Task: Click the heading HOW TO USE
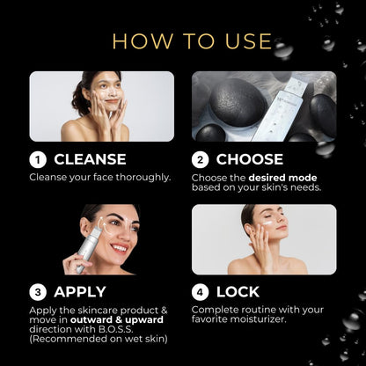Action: pyautogui.click(x=192, y=41)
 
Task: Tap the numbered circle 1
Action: pyautogui.click(x=38, y=160)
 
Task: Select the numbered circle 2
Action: pyautogui.click(x=200, y=160)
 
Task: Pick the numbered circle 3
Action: pyautogui.click(x=38, y=292)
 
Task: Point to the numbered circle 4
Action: pyautogui.click(x=200, y=292)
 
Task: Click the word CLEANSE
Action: pyautogui.click(x=90, y=159)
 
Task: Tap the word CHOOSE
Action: pyautogui.click(x=250, y=159)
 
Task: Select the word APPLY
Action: pyautogui.click(x=80, y=292)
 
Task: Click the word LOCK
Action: pyautogui.click(x=238, y=292)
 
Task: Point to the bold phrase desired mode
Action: pyautogui.click(x=282, y=178)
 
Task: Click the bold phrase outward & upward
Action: pyautogui.click(x=117, y=319)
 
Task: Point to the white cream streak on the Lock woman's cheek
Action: pyautogui.click(x=267, y=223)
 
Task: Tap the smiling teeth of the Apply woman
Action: pyautogui.click(x=119, y=248)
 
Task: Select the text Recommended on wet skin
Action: pyautogui.click(x=99, y=339)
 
